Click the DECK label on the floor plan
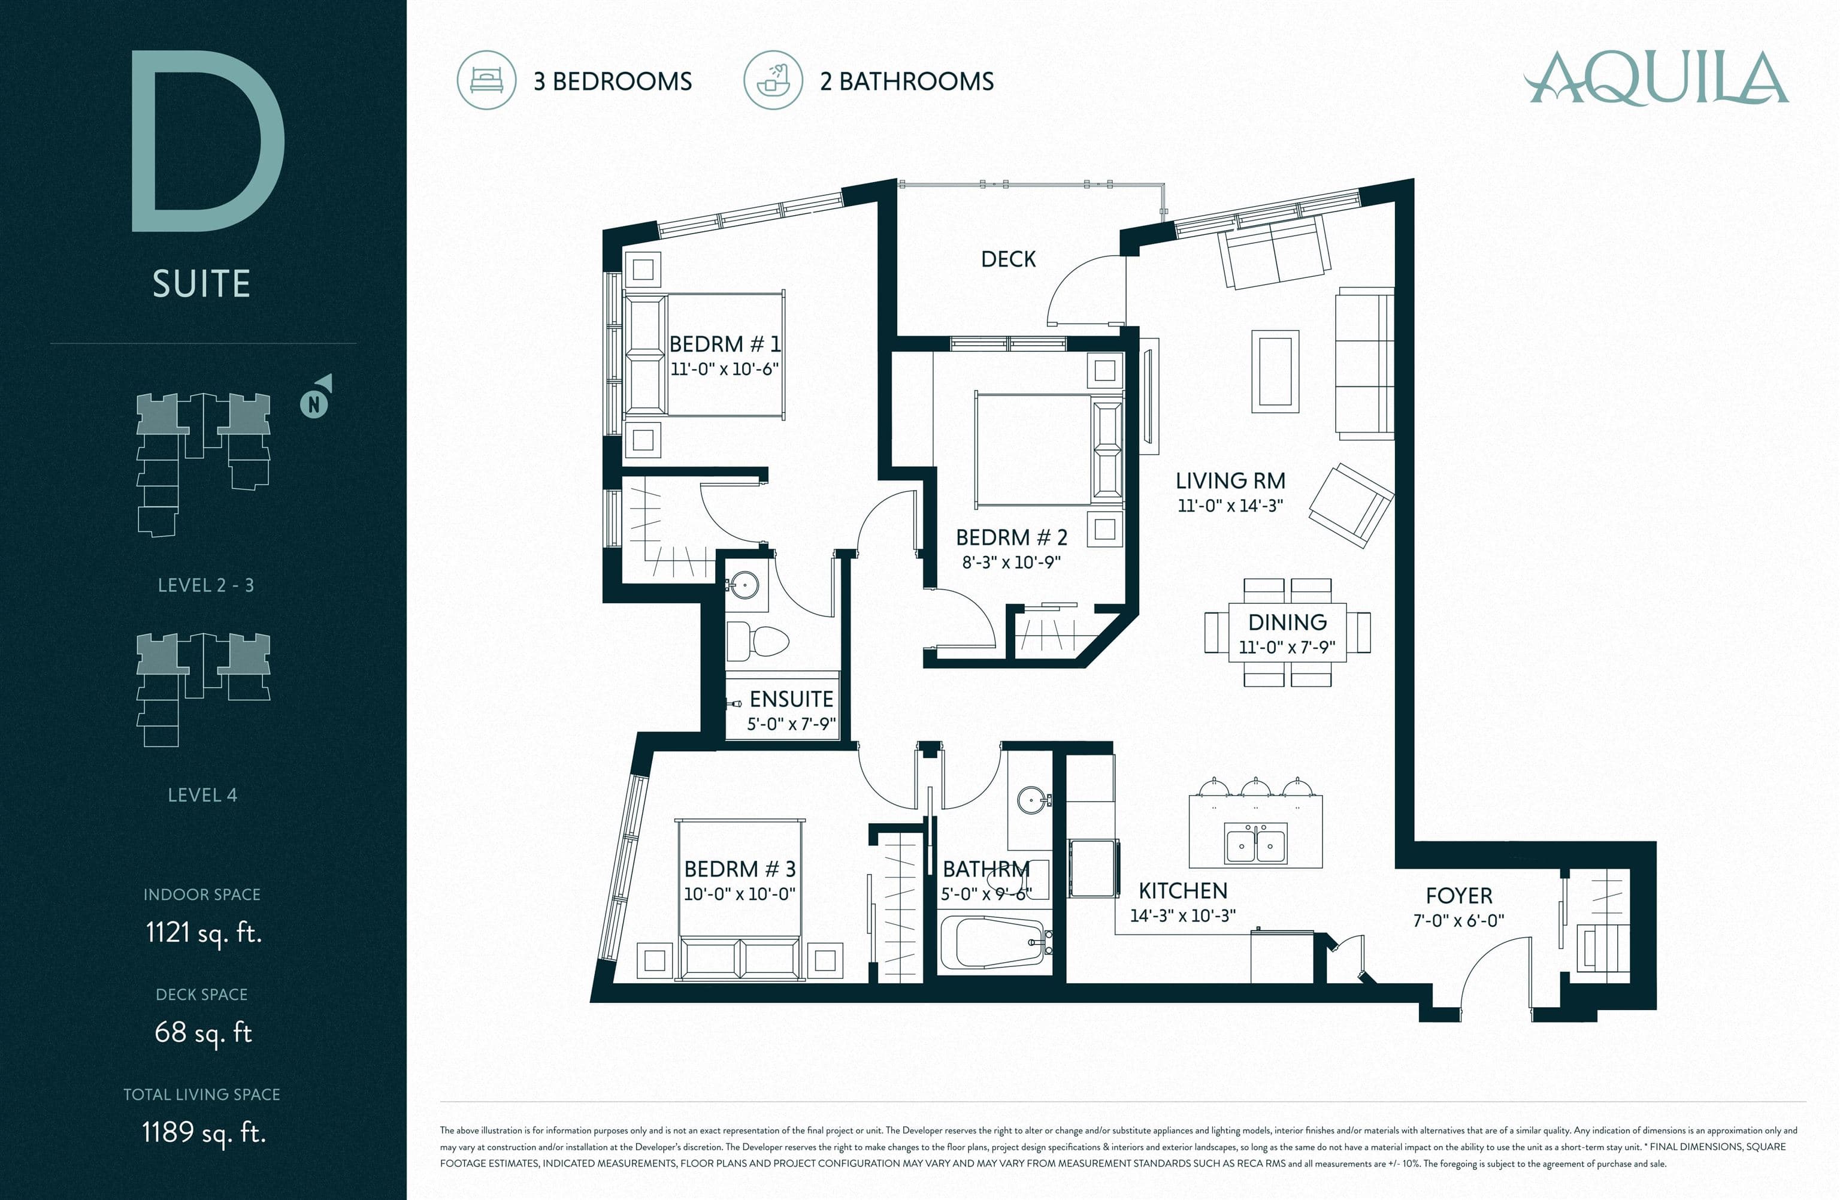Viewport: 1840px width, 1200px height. [1008, 259]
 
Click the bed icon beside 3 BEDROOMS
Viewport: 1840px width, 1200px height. [486, 80]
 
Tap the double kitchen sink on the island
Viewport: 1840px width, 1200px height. [1255, 843]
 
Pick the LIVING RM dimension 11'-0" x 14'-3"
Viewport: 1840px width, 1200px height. [1230, 506]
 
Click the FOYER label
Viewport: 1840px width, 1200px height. [1459, 896]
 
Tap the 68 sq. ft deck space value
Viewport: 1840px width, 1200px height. [203, 1032]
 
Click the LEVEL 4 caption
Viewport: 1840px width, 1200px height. [202, 795]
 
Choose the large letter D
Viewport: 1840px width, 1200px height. [208, 141]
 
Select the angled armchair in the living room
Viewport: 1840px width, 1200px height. [1351, 506]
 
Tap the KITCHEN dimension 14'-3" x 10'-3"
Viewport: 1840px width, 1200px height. [1183, 915]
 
